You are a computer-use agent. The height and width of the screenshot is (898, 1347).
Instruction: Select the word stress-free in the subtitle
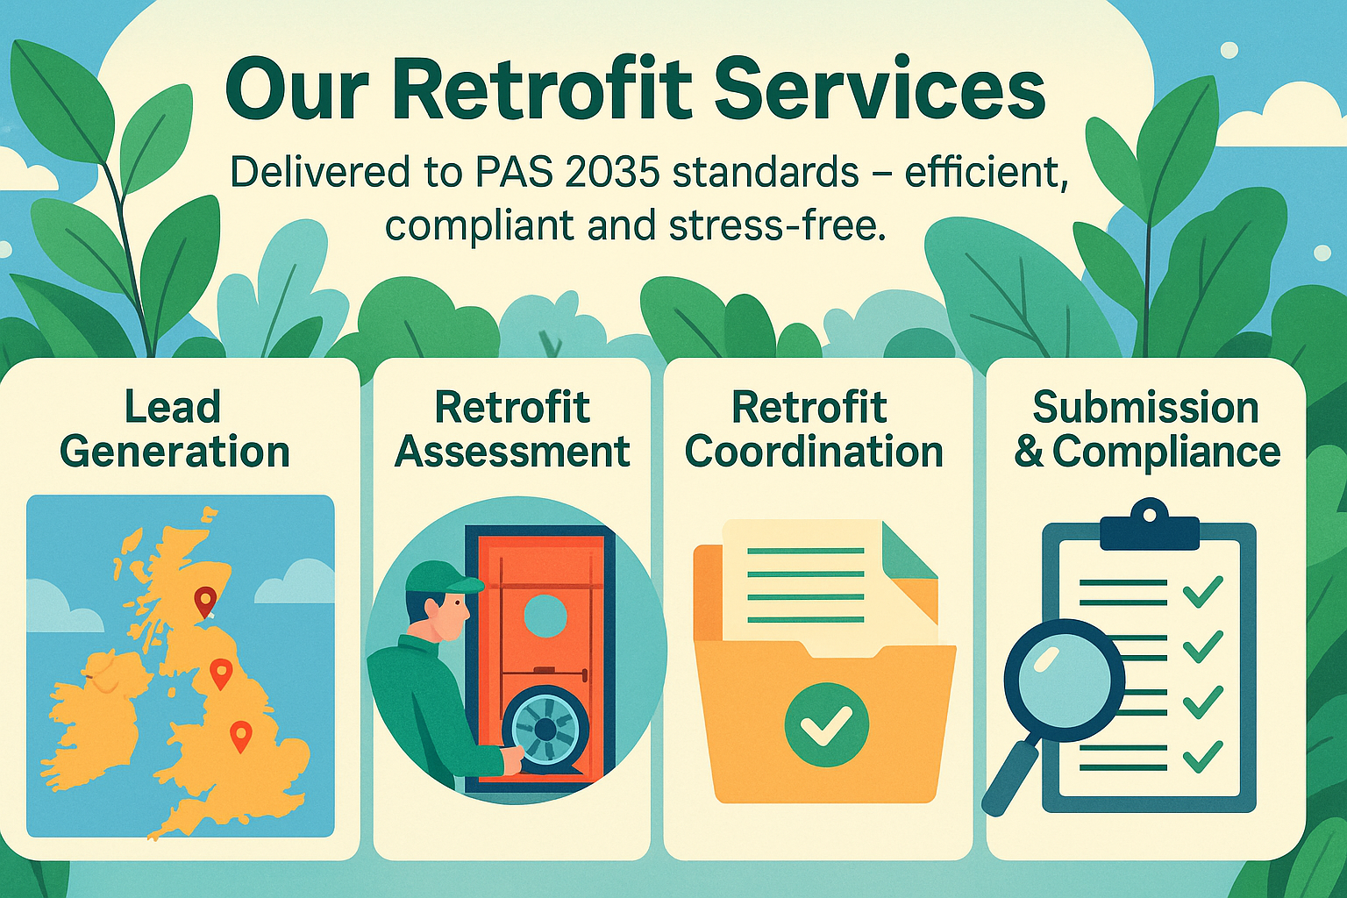(x=773, y=225)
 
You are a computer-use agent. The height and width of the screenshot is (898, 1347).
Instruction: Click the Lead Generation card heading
(x=175, y=430)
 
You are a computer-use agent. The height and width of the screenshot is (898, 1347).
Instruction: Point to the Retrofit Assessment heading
(x=512, y=430)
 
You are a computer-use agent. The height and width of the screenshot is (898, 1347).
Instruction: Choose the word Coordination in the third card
(x=814, y=452)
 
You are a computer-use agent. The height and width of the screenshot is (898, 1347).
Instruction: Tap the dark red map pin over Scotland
(x=205, y=602)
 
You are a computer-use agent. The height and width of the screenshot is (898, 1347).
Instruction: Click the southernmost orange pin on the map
(x=239, y=735)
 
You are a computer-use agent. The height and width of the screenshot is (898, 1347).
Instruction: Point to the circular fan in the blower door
(x=545, y=728)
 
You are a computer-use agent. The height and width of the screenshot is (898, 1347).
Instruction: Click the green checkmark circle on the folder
(x=826, y=724)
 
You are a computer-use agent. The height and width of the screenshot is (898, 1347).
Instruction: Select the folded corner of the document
(x=909, y=552)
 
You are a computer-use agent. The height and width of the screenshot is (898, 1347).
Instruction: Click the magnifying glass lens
(x=1063, y=678)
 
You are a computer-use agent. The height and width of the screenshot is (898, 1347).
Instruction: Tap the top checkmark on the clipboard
(x=1202, y=592)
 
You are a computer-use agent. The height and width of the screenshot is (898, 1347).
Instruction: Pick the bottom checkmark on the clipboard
(x=1202, y=756)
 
